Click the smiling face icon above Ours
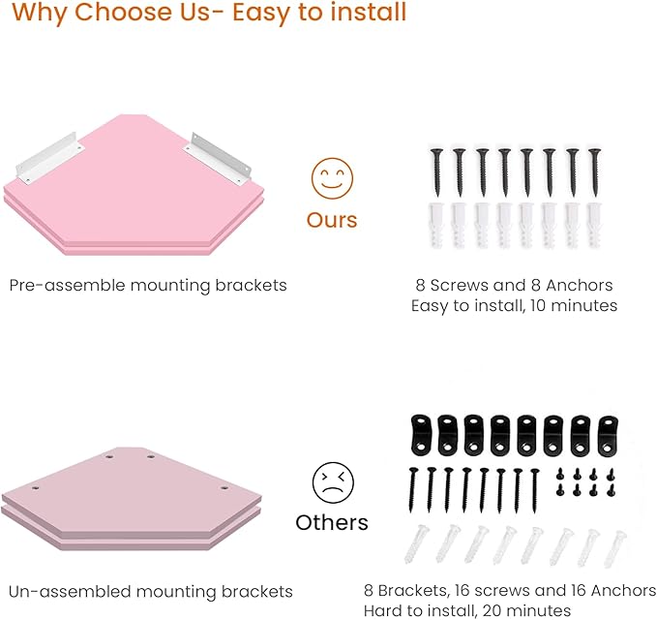pyautogui.click(x=332, y=178)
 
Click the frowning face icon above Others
pyautogui.click(x=333, y=482)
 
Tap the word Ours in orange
pyautogui.click(x=332, y=220)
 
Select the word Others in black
pyautogui.click(x=332, y=523)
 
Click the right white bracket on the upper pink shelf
pyautogui.click(x=217, y=159)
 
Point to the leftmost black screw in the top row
pyautogui.click(x=436, y=172)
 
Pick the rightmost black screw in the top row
pyautogui.click(x=594, y=172)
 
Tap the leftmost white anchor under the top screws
pyautogui.click(x=435, y=226)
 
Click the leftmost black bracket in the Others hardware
pyautogui.click(x=421, y=435)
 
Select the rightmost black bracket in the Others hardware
pyautogui.click(x=608, y=436)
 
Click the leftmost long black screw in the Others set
pyautogui.click(x=413, y=490)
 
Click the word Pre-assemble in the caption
pyautogui.click(x=67, y=285)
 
